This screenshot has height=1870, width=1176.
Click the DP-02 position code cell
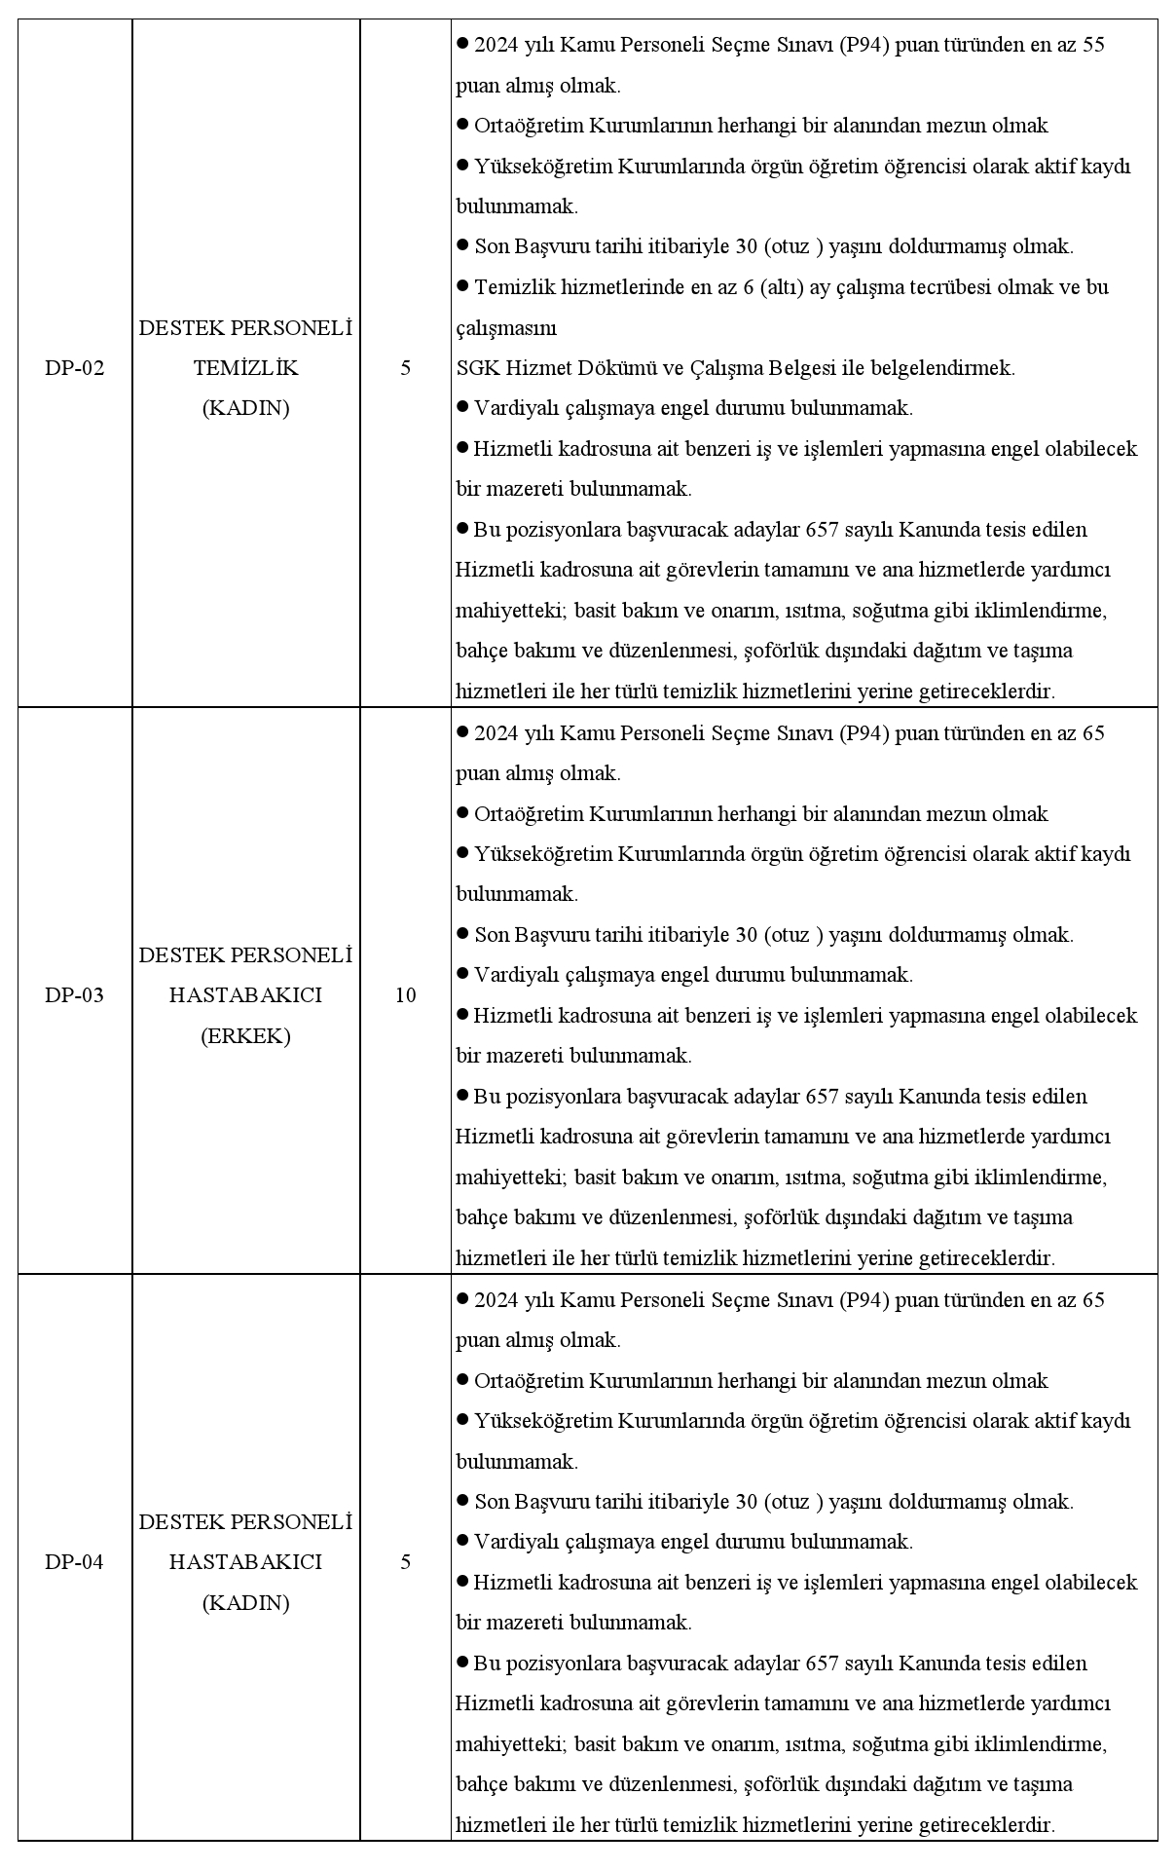74,368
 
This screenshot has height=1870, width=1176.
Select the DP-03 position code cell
74,995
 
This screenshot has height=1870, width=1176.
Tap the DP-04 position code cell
74,1562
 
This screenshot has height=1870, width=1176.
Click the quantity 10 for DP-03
405,995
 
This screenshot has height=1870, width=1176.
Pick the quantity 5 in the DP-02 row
405,368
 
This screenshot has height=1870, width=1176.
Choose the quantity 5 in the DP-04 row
405,1562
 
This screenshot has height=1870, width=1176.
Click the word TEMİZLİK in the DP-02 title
245,368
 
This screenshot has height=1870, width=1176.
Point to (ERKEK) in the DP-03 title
245,1036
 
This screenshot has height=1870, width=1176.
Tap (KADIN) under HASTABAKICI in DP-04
245,1603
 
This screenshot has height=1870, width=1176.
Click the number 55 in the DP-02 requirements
1093,45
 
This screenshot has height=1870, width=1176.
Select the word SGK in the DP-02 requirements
474,368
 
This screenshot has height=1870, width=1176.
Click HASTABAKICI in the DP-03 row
245,995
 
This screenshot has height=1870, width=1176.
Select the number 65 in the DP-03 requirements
1093,732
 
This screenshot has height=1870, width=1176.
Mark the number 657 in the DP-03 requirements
823,1097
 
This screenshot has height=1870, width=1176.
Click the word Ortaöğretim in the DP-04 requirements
529,1381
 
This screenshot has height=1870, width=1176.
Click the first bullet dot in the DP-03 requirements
462,731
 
